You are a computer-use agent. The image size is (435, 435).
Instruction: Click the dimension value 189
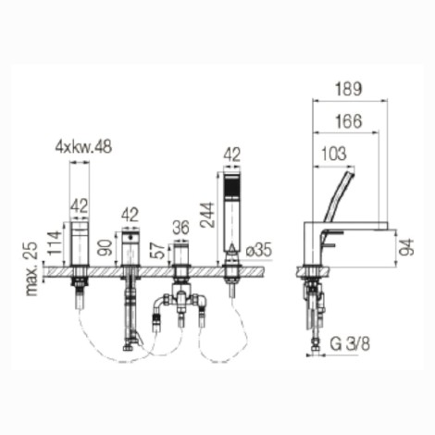coord(349,89)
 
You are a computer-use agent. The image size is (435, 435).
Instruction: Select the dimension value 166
coord(348,121)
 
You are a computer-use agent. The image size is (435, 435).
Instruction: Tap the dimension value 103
coord(334,154)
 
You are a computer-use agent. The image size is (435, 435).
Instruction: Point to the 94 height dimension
coord(406,247)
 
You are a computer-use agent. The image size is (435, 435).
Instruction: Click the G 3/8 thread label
coord(350,343)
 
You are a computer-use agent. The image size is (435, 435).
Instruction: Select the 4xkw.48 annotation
coord(83,147)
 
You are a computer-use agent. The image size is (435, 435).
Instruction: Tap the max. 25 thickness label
coord(31,268)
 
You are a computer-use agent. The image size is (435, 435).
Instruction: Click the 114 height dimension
coord(55,242)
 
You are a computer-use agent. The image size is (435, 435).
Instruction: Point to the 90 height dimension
coord(106,248)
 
